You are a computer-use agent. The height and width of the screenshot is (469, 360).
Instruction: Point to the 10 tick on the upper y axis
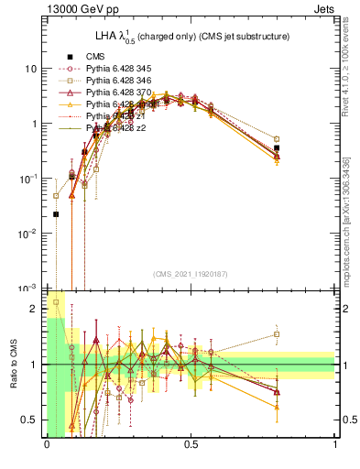click(30, 69)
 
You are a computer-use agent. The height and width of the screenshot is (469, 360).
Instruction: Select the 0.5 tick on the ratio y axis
click(32, 420)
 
